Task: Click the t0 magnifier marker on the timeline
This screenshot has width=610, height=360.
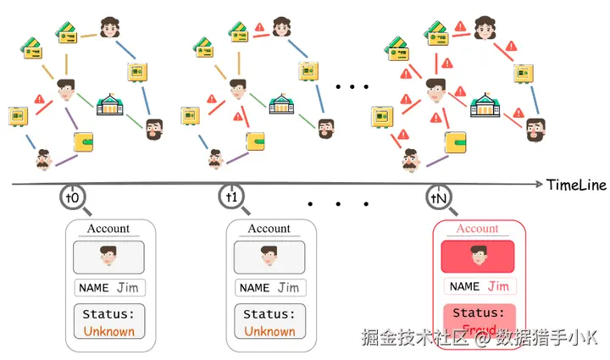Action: pyautogui.click(x=73, y=197)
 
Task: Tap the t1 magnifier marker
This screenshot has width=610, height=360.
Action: pyautogui.click(x=232, y=197)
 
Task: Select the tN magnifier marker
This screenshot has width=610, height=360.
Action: pyautogui.click(x=438, y=197)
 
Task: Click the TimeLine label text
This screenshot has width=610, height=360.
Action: pyautogui.click(x=576, y=185)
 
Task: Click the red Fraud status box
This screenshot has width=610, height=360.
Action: pyautogui.click(x=478, y=323)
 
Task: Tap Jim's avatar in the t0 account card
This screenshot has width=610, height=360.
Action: pyautogui.click(x=108, y=256)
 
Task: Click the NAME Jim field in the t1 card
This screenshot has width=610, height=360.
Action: pyautogui.click(x=269, y=288)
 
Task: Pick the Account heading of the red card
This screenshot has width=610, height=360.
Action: pyautogui.click(x=478, y=229)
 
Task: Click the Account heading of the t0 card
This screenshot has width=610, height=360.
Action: pyautogui.click(x=108, y=229)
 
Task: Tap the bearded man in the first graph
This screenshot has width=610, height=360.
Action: pyautogui.click(x=153, y=129)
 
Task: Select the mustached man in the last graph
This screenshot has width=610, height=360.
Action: pyautogui.click(x=411, y=158)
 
